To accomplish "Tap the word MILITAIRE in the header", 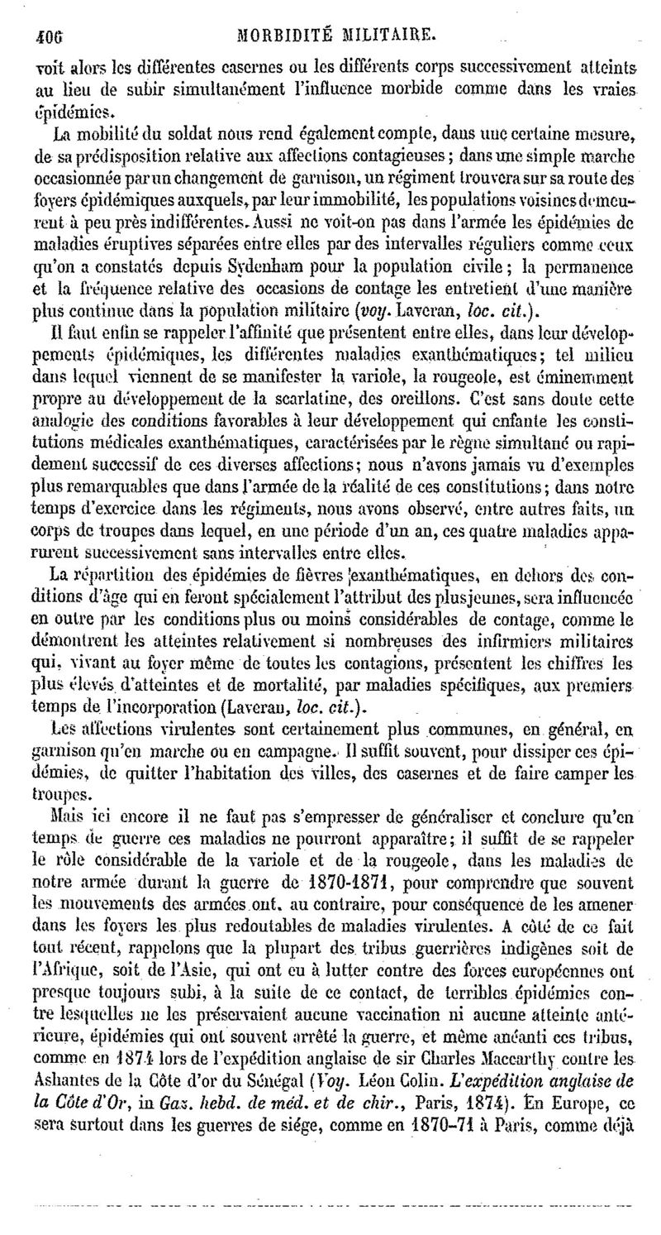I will [386, 36].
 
